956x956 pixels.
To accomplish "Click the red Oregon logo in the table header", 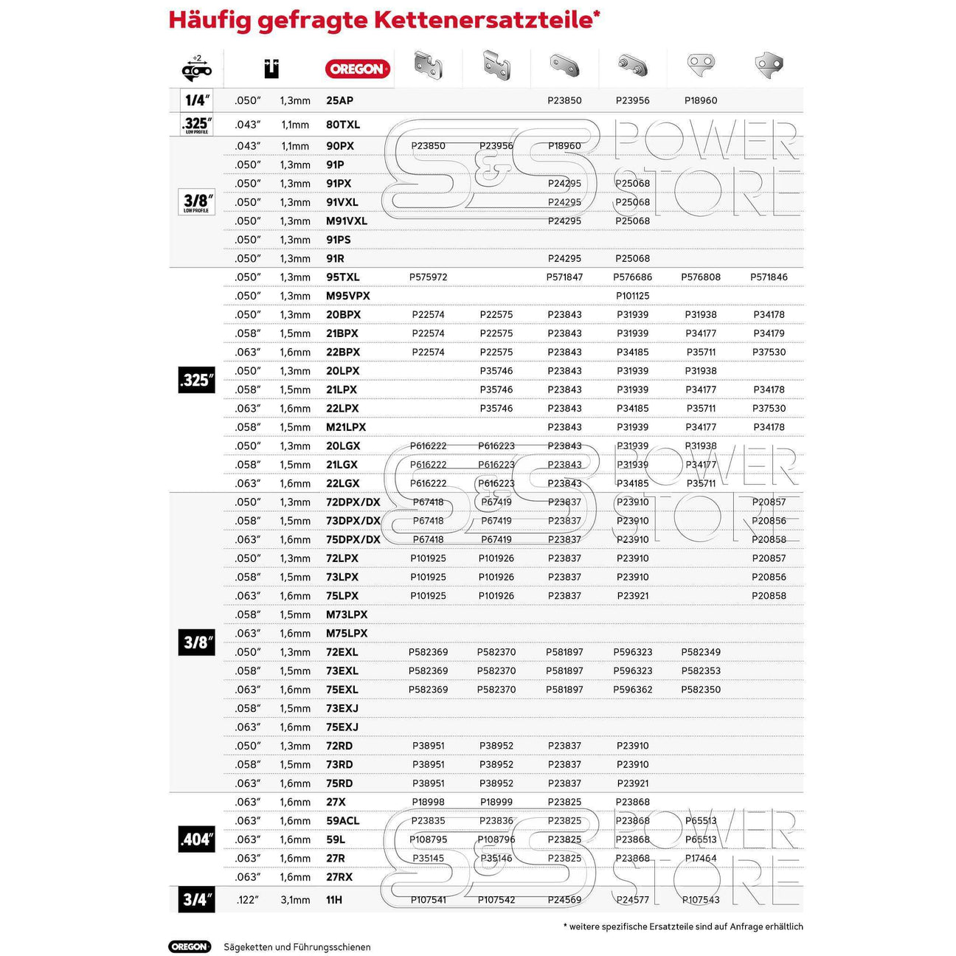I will pos(357,69).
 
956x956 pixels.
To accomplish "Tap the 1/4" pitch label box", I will pos(196,100).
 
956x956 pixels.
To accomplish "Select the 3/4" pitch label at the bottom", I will pos(196,899).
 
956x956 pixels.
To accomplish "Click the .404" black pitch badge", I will pos(196,839).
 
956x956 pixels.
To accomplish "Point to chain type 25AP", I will pos(339,100).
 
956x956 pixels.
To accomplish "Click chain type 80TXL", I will pos(343,125).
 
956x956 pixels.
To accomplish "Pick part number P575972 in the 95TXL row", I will pos(428,277).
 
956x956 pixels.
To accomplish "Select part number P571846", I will pos(769,277).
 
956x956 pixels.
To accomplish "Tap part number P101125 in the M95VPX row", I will pos(632,296).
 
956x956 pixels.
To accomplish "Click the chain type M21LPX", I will pos(346,427).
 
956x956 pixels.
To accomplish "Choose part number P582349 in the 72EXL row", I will pos(701,652).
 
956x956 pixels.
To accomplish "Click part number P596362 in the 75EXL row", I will pos(632,690).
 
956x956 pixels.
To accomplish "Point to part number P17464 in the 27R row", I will pos(701,858).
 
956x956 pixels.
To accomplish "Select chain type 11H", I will pos(334,900).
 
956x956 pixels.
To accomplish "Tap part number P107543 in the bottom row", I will pos(701,900).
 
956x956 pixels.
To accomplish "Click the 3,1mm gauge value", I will pos(295,900).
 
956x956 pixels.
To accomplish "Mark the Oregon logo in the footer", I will pos(190,946).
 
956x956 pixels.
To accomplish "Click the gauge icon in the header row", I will pos(271,69).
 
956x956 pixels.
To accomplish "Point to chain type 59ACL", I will pos(342,821).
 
